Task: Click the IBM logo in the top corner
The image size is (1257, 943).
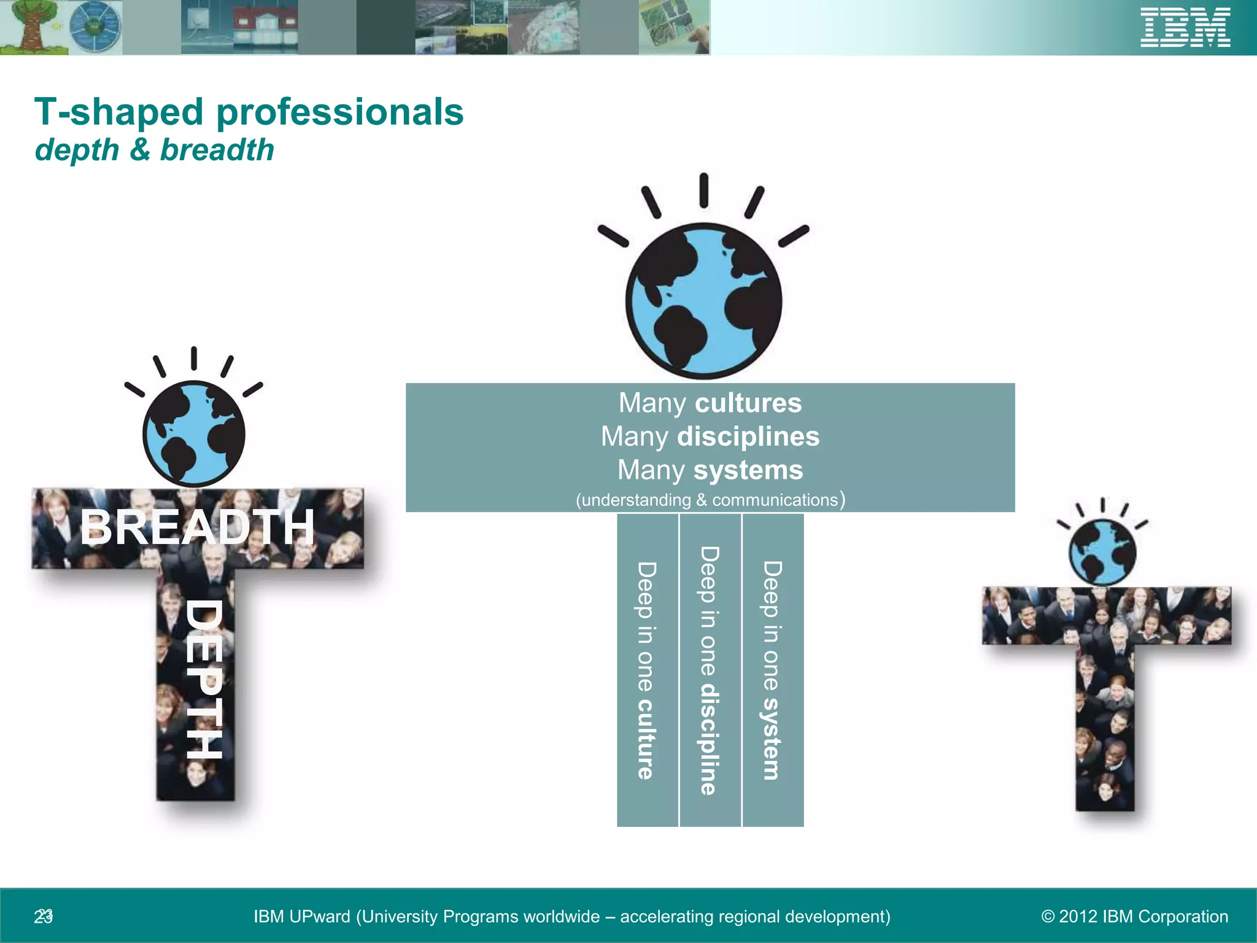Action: point(1185,28)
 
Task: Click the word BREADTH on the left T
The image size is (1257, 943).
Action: point(197,527)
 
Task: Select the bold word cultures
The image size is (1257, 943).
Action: point(748,403)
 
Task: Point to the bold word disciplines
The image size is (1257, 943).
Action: point(748,437)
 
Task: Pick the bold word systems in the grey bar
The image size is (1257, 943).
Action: point(748,470)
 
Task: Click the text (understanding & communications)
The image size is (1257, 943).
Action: point(710,500)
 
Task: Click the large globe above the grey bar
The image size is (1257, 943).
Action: point(704,301)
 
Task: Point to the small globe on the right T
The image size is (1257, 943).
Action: point(1102,552)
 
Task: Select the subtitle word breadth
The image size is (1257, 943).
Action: point(217,150)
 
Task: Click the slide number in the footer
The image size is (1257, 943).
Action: point(44,917)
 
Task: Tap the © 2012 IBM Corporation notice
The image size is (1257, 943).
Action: point(1134,917)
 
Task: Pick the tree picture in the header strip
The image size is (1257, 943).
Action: point(28,26)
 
